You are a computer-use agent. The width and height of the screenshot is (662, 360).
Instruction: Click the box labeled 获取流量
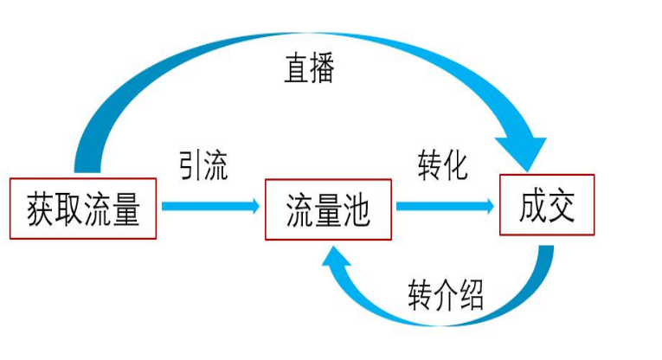pyautogui.click(x=83, y=209)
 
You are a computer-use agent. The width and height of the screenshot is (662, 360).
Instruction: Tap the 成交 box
pyautogui.click(x=547, y=205)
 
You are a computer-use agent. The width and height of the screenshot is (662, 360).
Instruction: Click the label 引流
pyautogui.click(x=203, y=166)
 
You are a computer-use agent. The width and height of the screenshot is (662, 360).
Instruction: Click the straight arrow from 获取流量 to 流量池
pyautogui.click(x=209, y=206)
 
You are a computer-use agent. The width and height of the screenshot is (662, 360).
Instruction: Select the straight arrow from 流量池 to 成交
pyautogui.click(x=445, y=206)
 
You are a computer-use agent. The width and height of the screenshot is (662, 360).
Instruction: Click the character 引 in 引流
pyautogui.click(x=191, y=166)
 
